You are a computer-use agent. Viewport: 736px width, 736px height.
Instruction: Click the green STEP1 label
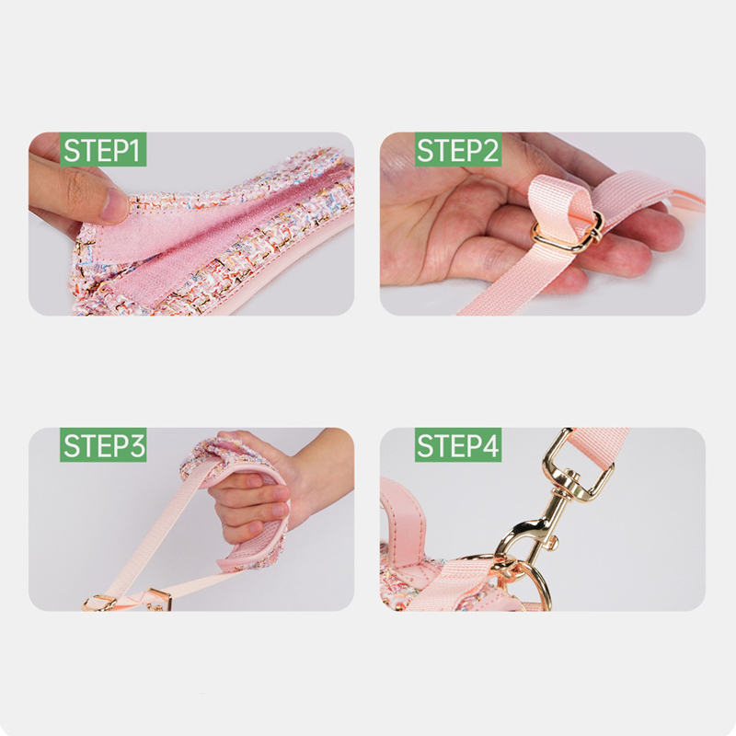point(103,149)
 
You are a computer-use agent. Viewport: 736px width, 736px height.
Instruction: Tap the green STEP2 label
point(457,149)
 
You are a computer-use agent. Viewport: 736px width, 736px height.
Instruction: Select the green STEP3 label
point(103,444)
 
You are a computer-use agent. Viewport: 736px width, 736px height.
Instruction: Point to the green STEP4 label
point(457,444)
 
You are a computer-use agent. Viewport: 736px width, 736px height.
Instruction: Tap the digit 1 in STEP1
point(133,150)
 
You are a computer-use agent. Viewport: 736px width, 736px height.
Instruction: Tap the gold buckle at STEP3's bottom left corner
point(98,604)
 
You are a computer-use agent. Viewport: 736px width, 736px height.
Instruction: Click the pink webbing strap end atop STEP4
point(601,446)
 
